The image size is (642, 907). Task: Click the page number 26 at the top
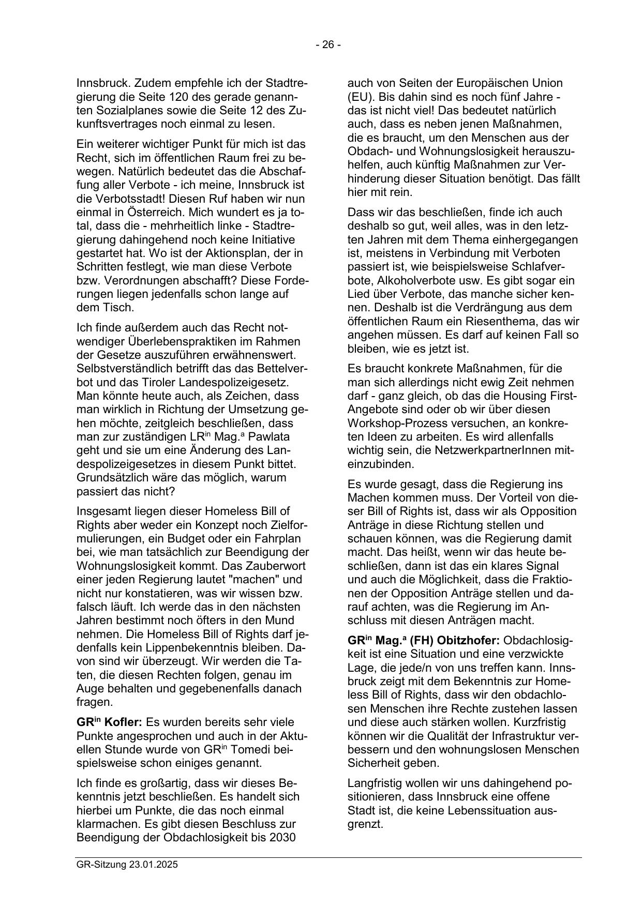tap(329, 45)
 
